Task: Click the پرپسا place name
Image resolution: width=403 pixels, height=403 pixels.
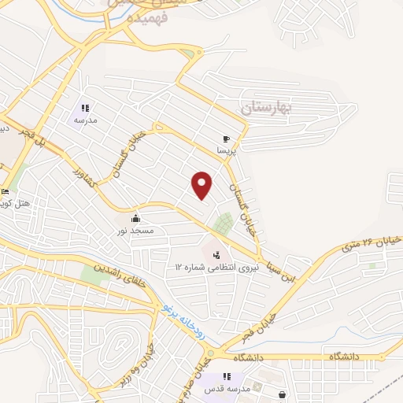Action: click(x=227, y=149)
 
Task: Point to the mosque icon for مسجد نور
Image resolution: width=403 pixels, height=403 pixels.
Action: click(x=136, y=218)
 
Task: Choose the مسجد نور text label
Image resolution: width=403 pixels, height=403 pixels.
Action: click(x=135, y=231)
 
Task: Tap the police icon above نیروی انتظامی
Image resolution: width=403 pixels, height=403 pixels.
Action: click(x=216, y=254)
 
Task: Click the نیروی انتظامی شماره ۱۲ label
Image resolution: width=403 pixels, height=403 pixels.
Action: click(x=216, y=268)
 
